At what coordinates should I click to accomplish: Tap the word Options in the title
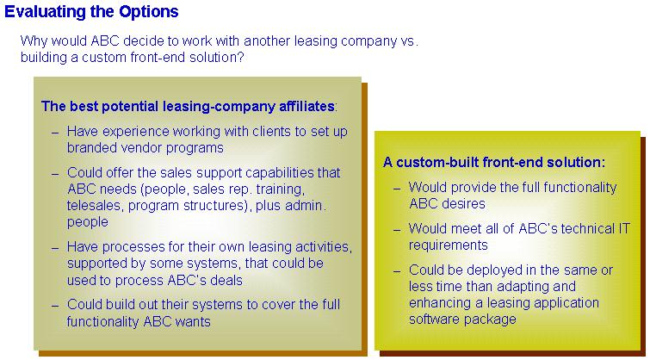tap(149, 11)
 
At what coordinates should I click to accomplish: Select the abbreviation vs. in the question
tap(410, 41)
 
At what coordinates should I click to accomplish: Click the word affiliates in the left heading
tap(307, 106)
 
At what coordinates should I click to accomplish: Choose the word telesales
tap(94, 206)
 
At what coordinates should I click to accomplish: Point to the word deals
tap(226, 280)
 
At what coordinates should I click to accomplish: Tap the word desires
tap(465, 203)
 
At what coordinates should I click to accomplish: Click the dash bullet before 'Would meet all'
tap(397, 230)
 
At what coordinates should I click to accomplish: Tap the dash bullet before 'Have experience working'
tap(56, 133)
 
